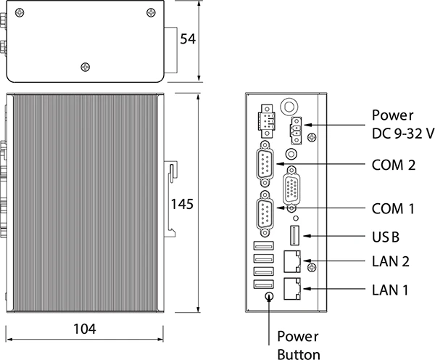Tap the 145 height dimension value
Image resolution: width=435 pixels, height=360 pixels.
pos(181,205)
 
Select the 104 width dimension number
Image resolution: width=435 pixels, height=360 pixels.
pos(85,329)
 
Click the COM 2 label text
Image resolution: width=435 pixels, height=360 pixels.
pos(393,165)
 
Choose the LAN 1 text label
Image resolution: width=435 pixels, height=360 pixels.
pos(390,290)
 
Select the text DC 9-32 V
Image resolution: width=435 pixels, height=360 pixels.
pos(403,133)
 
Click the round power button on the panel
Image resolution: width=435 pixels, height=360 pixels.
pos(270,295)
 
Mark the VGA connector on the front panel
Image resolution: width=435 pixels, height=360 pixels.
pos(294,189)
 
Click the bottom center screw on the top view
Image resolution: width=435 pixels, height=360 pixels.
pos(86,66)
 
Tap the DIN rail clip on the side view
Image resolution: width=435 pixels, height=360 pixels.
pos(171,196)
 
